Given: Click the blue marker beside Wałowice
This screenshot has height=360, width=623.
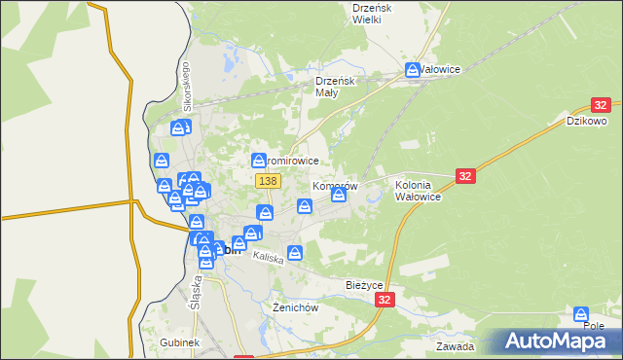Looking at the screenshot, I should coord(413,70).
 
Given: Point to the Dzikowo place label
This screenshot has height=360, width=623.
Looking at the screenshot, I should coord(587,121).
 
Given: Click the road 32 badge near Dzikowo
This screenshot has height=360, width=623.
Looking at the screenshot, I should coord(601,105).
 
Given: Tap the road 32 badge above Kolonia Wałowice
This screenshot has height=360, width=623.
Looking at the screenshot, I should coord(465,175).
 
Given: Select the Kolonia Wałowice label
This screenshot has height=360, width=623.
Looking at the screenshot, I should coord(420,190).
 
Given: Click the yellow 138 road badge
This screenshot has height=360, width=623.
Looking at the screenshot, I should coord(269,181).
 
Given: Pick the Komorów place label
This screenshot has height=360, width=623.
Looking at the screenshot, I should coord(336,185).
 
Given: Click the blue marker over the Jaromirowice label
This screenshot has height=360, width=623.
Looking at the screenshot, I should coord(259,160).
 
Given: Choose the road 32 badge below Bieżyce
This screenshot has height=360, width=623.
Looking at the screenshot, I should coord(386,302).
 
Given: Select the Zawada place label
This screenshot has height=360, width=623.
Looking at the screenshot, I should coord(456,346).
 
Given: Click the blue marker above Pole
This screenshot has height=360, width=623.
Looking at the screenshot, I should coord(581,314).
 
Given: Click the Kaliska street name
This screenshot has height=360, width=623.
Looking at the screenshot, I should coord(267,258).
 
